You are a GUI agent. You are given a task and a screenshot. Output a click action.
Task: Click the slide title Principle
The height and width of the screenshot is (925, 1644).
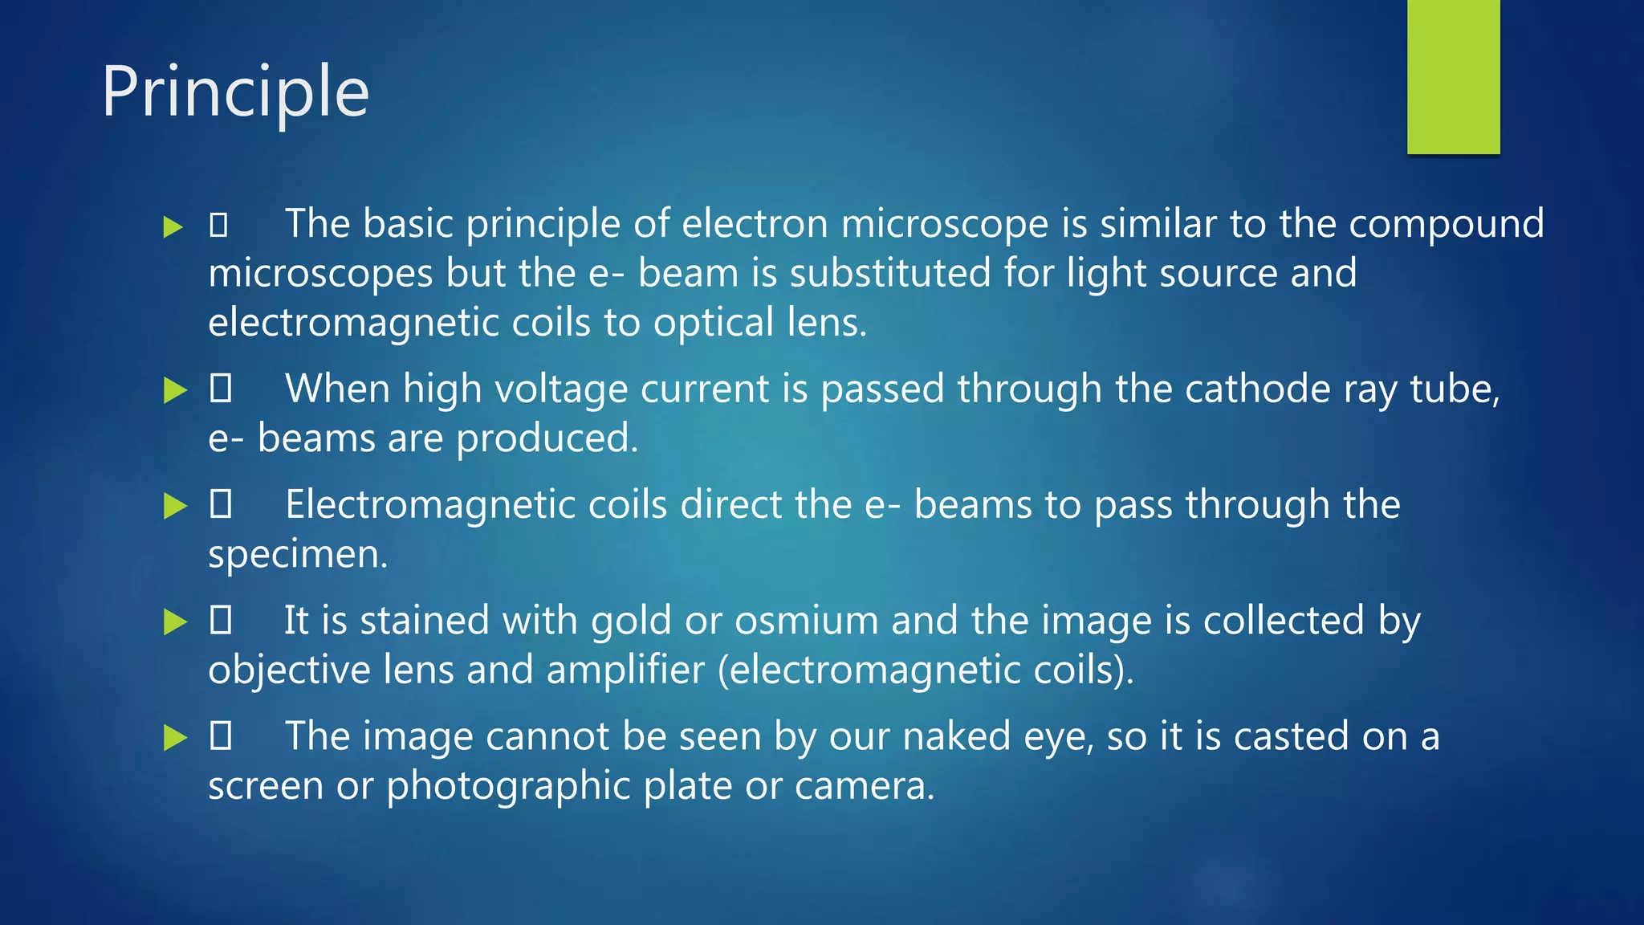point(235,93)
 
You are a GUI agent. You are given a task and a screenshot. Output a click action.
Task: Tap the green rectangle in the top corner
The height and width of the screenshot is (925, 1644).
point(1453,77)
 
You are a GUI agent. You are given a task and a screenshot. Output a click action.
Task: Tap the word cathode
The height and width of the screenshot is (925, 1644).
point(1258,389)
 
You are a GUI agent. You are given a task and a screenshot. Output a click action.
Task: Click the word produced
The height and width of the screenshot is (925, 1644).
point(547,439)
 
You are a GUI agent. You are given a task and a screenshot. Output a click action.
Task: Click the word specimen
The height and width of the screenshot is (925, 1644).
point(297,555)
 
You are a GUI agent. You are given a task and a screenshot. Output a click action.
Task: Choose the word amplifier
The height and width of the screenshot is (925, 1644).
point(625,670)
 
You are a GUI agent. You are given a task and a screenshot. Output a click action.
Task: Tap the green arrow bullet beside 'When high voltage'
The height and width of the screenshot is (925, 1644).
point(174,390)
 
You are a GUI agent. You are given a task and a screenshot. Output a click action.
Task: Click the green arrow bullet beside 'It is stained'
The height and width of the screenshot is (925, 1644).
point(174,621)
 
